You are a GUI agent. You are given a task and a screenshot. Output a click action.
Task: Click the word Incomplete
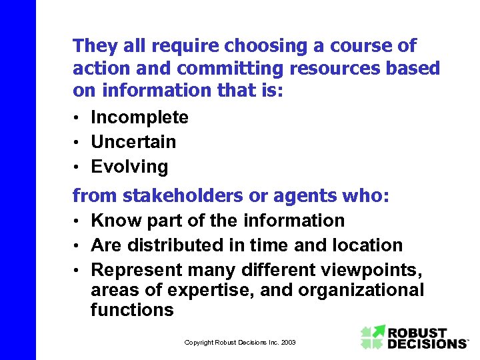pos(139,118)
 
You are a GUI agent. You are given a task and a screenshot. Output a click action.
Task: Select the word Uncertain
pos(133,142)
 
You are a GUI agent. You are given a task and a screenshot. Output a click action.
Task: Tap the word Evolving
pos(129,167)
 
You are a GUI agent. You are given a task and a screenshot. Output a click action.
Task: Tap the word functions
pos(132,310)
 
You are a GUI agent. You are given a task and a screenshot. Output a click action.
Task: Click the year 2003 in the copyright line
pos(288,343)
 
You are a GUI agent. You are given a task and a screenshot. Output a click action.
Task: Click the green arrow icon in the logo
pos(373,337)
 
